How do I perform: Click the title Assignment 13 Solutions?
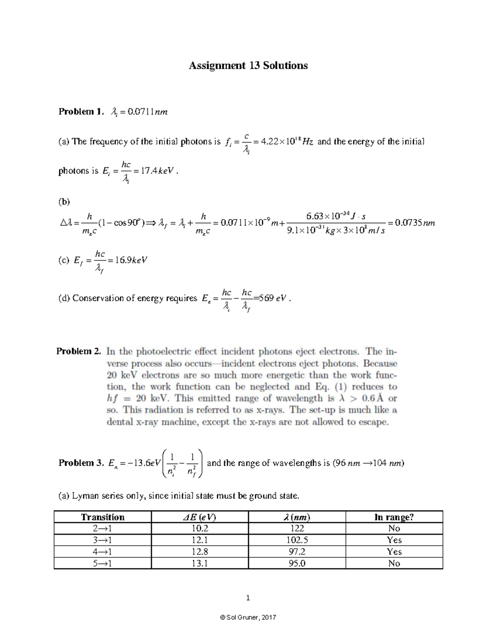(x=248, y=65)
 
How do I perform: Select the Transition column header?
(x=103, y=517)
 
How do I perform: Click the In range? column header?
(x=394, y=517)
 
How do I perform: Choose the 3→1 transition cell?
(x=103, y=540)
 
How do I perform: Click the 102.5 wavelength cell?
(x=297, y=540)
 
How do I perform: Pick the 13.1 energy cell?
(x=200, y=563)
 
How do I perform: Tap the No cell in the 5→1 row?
(x=394, y=563)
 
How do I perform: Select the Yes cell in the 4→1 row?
(x=394, y=551)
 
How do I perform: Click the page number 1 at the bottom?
(x=248, y=597)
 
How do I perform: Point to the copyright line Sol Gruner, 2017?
(x=248, y=617)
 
